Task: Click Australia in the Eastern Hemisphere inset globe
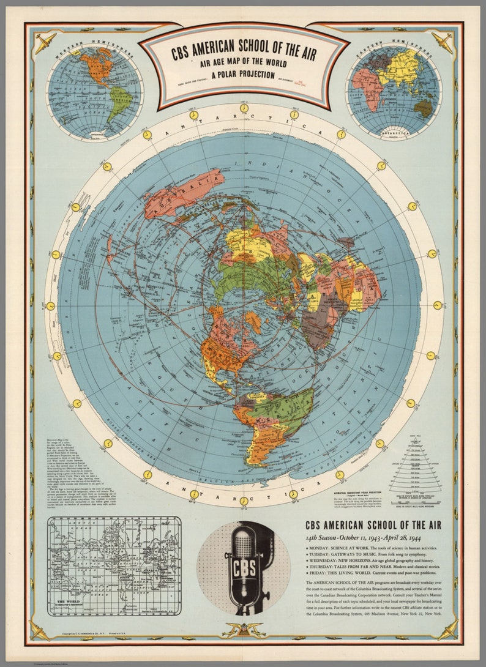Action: point(422,108)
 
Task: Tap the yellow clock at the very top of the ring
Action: point(244,108)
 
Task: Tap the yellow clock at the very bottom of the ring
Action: point(244,501)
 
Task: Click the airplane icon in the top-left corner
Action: point(45,42)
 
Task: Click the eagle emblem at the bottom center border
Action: point(244,628)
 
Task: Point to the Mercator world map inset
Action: point(114,566)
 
